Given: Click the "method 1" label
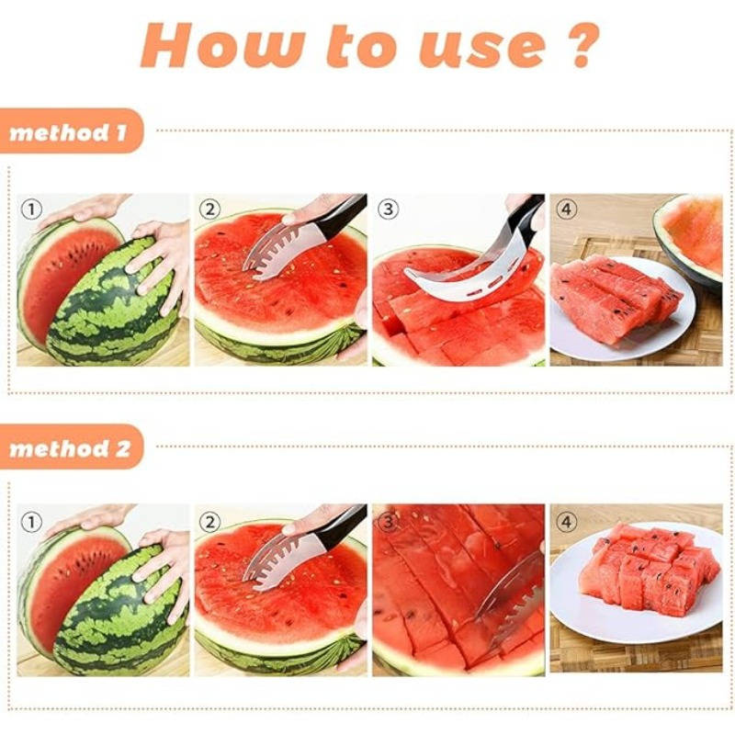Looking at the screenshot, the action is coord(68,132).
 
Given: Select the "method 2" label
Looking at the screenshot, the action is coord(70,448).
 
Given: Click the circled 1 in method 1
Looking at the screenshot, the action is coord(31,209).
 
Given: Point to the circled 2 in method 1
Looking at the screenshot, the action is coord(209,209).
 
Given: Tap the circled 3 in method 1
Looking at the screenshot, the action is coord(388,209).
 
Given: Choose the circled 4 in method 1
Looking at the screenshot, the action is coord(566,209).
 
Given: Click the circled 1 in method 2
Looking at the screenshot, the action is coord(31,522).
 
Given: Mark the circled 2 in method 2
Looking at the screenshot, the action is coord(209,522).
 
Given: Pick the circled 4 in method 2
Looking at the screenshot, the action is coord(566,522).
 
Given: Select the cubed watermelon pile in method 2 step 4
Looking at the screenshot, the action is coord(649,569).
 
